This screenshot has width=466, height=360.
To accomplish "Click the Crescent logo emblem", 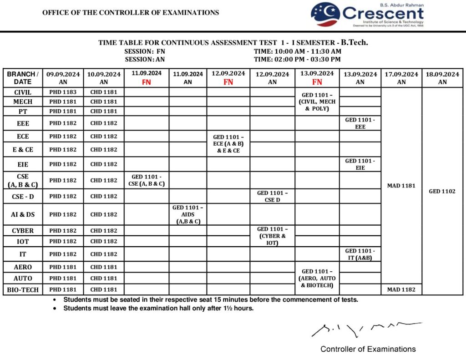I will coord(325,15).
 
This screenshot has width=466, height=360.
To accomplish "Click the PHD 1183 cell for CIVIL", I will coord(63,92).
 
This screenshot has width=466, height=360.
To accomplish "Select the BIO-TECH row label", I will coord(23,289).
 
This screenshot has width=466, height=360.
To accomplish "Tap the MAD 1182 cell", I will coord(401,289).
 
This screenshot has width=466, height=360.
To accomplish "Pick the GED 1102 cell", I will coord(442,192).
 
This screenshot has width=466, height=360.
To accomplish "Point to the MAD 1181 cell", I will coord(401,186).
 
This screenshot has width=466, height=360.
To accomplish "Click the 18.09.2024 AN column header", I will coord(442,78).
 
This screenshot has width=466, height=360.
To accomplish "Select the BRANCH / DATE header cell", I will coord(23,78).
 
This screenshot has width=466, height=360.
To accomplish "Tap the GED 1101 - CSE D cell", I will coord(272,196).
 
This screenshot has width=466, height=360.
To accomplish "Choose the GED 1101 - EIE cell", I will coord(360,164).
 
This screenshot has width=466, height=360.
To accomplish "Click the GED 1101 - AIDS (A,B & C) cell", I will coord(187,214).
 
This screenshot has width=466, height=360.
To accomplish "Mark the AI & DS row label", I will coord(23,214).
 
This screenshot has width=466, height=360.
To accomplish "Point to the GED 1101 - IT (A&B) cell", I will coord(360,254).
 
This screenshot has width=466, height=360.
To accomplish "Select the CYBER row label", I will coord(23,231).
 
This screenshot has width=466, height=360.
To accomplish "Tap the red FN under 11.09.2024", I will coord(147,82).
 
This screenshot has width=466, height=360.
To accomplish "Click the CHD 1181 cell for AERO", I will coord(104,267).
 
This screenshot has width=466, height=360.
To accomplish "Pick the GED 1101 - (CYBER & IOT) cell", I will coord(272,236).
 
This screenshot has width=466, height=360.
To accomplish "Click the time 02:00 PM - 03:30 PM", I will coord(297,59).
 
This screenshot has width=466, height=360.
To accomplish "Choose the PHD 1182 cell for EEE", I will coord(63,123).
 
